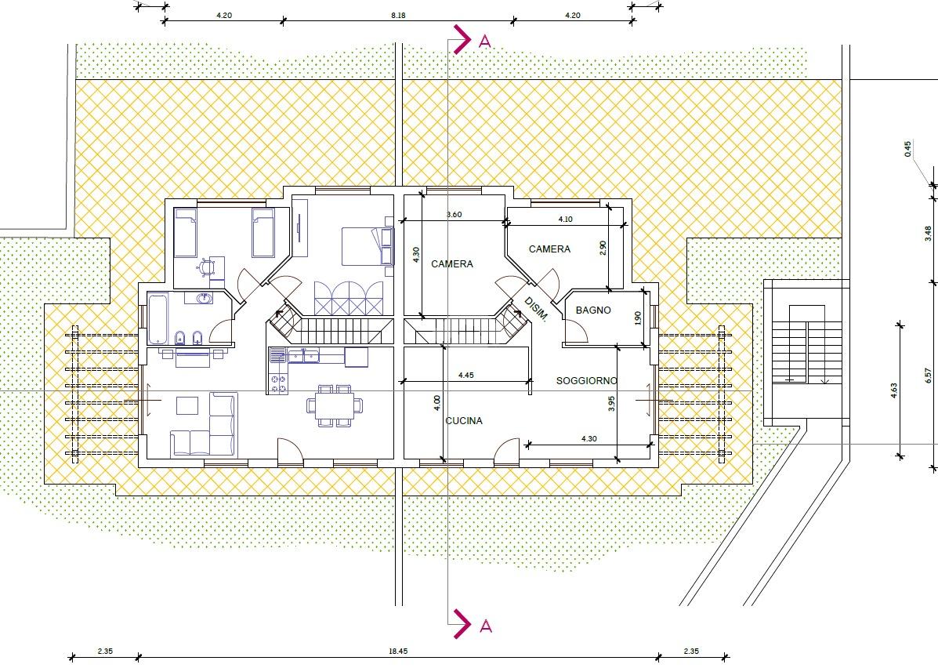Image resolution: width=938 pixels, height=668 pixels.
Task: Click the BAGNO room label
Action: pos(593,310)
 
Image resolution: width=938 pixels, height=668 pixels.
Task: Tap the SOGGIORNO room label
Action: pos(587,381)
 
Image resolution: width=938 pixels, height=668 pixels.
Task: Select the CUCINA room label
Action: pos(464,421)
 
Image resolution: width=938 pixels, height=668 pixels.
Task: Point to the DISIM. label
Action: pos(536,309)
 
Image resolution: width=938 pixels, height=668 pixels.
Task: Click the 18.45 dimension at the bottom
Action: pos(398,652)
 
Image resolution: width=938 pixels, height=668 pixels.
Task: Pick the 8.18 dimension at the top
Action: pos(398,16)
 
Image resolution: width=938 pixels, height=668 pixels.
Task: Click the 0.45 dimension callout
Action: pos(908,149)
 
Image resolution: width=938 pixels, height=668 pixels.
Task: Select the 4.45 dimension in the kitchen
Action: pos(466,376)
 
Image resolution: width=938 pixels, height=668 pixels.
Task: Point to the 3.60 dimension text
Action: pos(454,214)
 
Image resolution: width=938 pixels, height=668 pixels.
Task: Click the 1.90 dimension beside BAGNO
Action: pos(638,318)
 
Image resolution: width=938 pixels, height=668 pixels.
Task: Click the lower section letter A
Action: pos(486,626)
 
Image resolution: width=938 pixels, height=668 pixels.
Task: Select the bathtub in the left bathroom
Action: pos(158,320)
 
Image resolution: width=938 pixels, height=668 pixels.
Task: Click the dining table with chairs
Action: pos(335,406)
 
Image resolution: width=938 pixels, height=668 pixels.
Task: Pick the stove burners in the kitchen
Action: pos(278,383)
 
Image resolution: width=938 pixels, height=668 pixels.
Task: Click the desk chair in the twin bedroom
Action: pos(207,267)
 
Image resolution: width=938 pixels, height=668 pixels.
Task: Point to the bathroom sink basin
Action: pos(204,297)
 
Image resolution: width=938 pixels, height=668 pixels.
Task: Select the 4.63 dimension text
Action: pos(894,391)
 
